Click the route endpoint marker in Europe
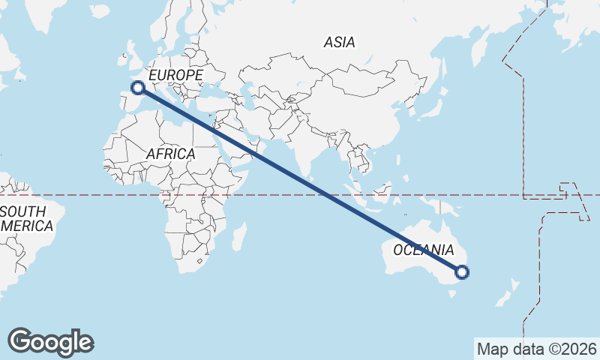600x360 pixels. [138, 88]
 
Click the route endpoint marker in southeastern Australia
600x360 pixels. [462, 272]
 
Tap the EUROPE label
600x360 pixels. [176, 76]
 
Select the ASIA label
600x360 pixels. [339, 43]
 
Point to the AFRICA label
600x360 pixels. [170, 154]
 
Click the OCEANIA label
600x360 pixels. [424, 250]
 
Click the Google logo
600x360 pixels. [51, 341]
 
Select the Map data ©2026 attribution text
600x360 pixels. [537, 349]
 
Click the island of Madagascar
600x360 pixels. [239, 237]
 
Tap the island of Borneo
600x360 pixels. [382, 193]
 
